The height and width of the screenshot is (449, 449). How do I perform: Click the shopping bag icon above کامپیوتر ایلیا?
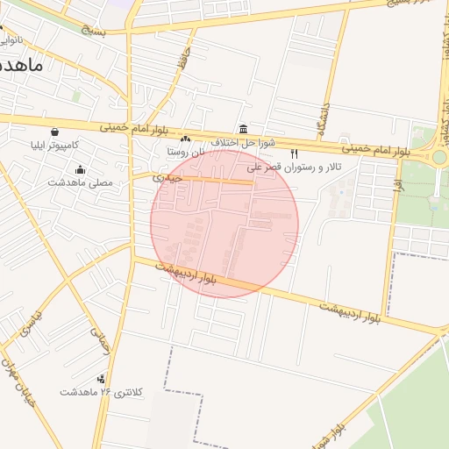(54, 132)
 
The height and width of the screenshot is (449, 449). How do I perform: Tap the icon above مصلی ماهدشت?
(81, 169)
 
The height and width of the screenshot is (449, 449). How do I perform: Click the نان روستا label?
(186, 151)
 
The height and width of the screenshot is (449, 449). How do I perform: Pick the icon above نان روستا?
(185, 139)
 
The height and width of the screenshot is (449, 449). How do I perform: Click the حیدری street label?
(167, 177)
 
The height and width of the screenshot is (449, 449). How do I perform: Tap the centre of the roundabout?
(439, 157)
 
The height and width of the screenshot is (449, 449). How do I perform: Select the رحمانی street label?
(100, 339)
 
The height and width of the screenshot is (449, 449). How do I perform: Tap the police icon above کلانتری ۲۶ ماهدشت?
(102, 379)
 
